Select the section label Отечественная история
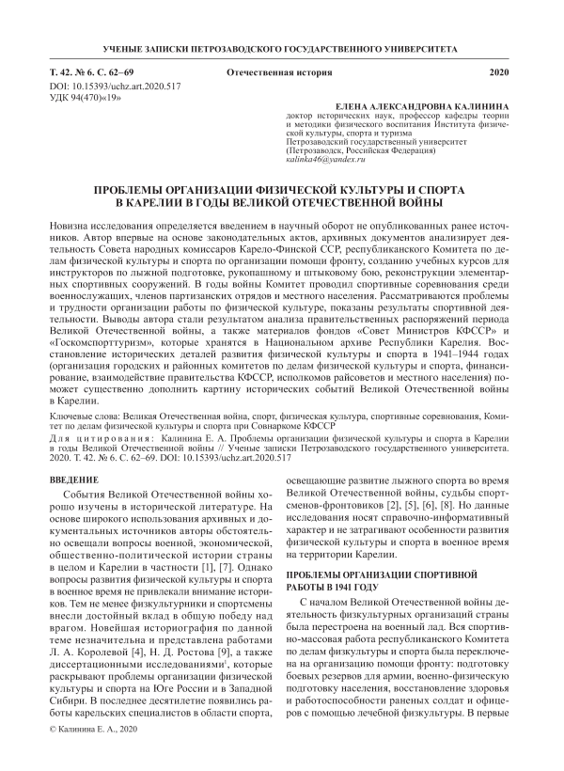[279, 72]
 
